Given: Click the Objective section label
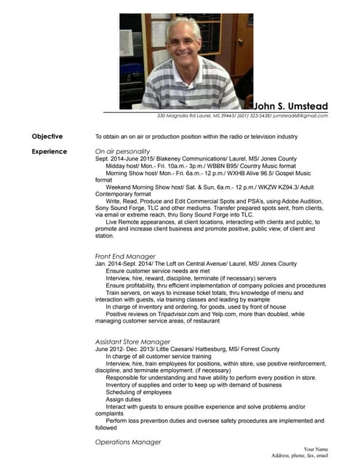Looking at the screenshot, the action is click(x=47, y=136).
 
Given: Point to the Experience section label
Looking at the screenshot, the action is click(x=49, y=151).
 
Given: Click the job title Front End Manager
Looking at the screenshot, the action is click(x=125, y=256).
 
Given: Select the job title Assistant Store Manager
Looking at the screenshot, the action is click(x=133, y=341).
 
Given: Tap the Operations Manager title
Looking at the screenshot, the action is click(x=128, y=442).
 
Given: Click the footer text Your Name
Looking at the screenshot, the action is click(x=316, y=450).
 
